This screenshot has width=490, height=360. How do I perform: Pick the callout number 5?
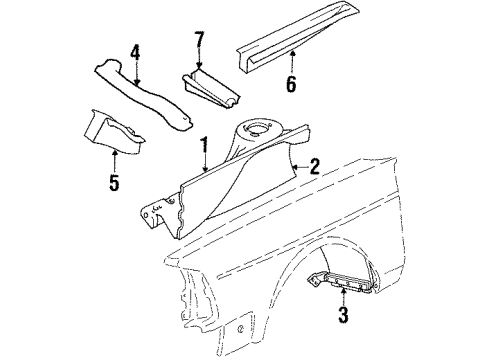click(x=113, y=183)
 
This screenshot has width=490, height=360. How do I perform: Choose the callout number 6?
click(x=290, y=84)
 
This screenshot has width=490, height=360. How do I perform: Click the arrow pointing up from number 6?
click(x=290, y=60)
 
